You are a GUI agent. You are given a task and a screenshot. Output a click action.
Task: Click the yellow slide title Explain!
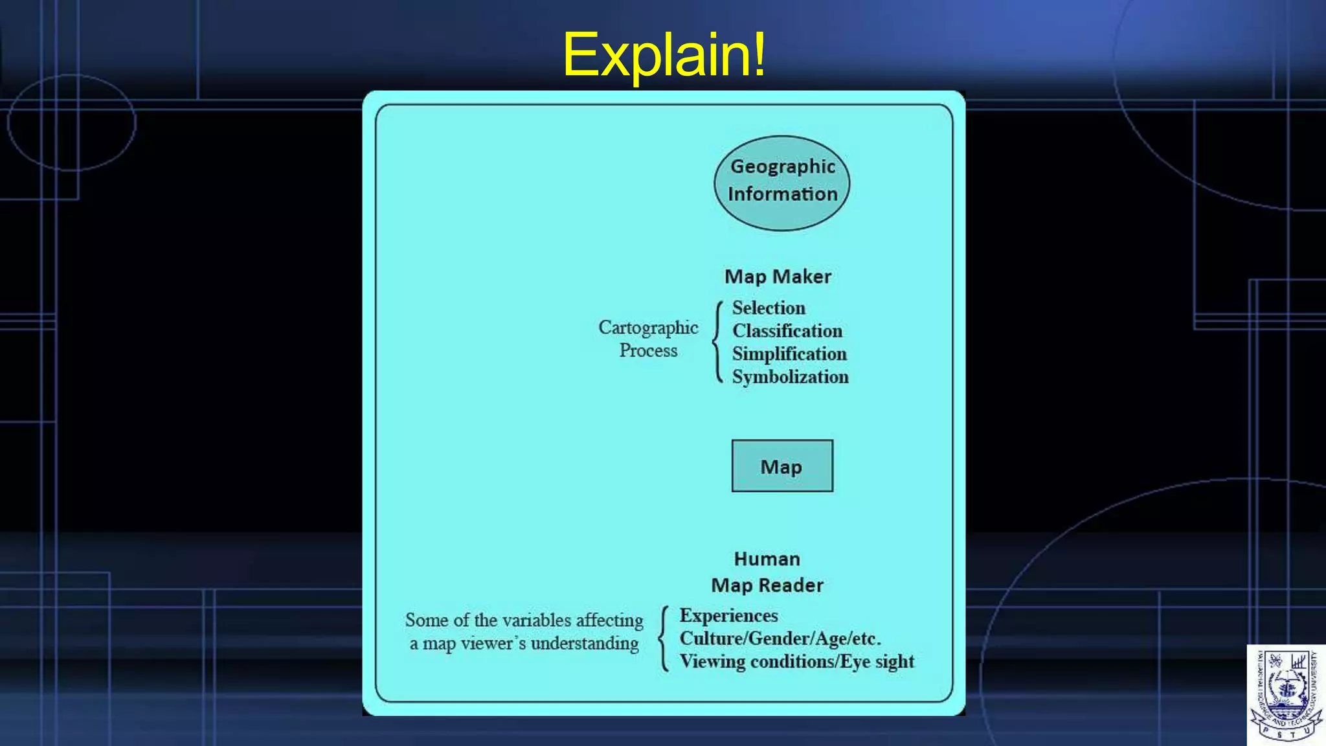(x=664, y=54)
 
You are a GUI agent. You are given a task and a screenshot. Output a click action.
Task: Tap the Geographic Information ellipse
(x=782, y=183)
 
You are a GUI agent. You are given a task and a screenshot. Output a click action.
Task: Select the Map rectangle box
(x=782, y=466)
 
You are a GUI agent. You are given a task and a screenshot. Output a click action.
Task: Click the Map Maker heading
(x=778, y=277)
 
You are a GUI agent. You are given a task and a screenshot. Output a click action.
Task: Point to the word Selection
(x=769, y=308)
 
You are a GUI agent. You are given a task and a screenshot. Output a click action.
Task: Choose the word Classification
(x=787, y=331)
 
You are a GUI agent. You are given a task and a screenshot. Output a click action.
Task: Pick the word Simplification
(x=789, y=354)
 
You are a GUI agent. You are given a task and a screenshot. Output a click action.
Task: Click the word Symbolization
(x=790, y=377)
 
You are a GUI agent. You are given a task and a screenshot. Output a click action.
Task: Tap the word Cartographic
(x=648, y=328)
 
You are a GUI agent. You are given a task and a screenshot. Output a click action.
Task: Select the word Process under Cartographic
(x=648, y=350)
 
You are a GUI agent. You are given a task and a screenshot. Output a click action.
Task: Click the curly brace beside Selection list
(x=717, y=341)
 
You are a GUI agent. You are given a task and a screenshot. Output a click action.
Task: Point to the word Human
(x=767, y=559)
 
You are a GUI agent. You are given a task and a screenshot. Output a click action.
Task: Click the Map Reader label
(x=767, y=585)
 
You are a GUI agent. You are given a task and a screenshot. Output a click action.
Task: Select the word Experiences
(x=728, y=615)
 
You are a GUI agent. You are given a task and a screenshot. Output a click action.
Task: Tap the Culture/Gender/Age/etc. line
(x=780, y=639)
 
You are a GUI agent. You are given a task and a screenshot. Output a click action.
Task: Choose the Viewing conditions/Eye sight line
(x=797, y=662)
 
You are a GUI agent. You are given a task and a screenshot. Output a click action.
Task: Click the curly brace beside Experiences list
(x=664, y=639)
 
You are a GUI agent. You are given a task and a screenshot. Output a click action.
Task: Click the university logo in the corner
(x=1286, y=694)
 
